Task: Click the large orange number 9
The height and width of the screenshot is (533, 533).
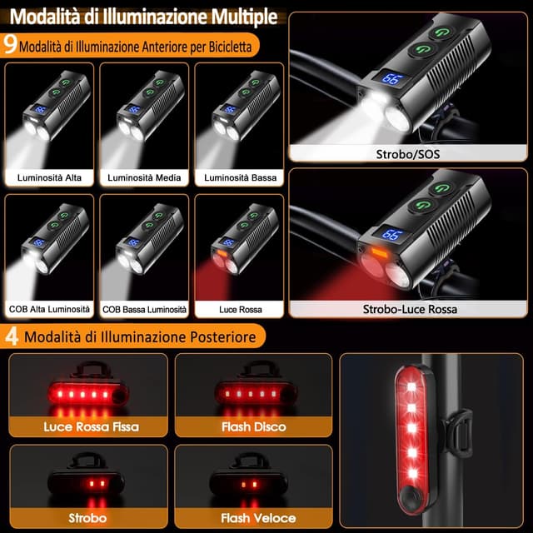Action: (x=10, y=44)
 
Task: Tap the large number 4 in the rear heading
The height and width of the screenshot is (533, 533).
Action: (x=12, y=336)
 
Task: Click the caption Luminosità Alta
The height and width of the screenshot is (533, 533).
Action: (x=49, y=177)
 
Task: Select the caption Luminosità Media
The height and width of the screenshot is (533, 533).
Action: (x=144, y=177)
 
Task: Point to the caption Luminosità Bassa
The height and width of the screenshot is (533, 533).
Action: (x=241, y=177)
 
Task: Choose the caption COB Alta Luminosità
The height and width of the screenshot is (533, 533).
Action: (x=49, y=309)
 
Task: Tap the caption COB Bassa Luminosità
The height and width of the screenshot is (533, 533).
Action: (x=144, y=309)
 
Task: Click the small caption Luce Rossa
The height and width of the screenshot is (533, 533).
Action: (x=241, y=309)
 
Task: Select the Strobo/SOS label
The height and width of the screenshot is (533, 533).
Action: (x=407, y=154)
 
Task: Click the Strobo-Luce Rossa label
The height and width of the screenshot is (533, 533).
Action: (x=410, y=309)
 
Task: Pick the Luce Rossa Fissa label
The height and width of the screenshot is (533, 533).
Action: (x=91, y=426)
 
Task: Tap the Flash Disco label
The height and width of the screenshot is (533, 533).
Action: (x=253, y=426)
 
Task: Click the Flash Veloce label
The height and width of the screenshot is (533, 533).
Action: (x=258, y=518)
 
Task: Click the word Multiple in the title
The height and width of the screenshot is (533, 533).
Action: (x=244, y=17)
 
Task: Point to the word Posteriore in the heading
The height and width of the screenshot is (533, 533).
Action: (x=223, y=336)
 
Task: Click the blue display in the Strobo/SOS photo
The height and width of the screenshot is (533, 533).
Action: (x=391, y=78)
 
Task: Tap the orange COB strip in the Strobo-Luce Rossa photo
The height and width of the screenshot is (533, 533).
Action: (x=380, y=252)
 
